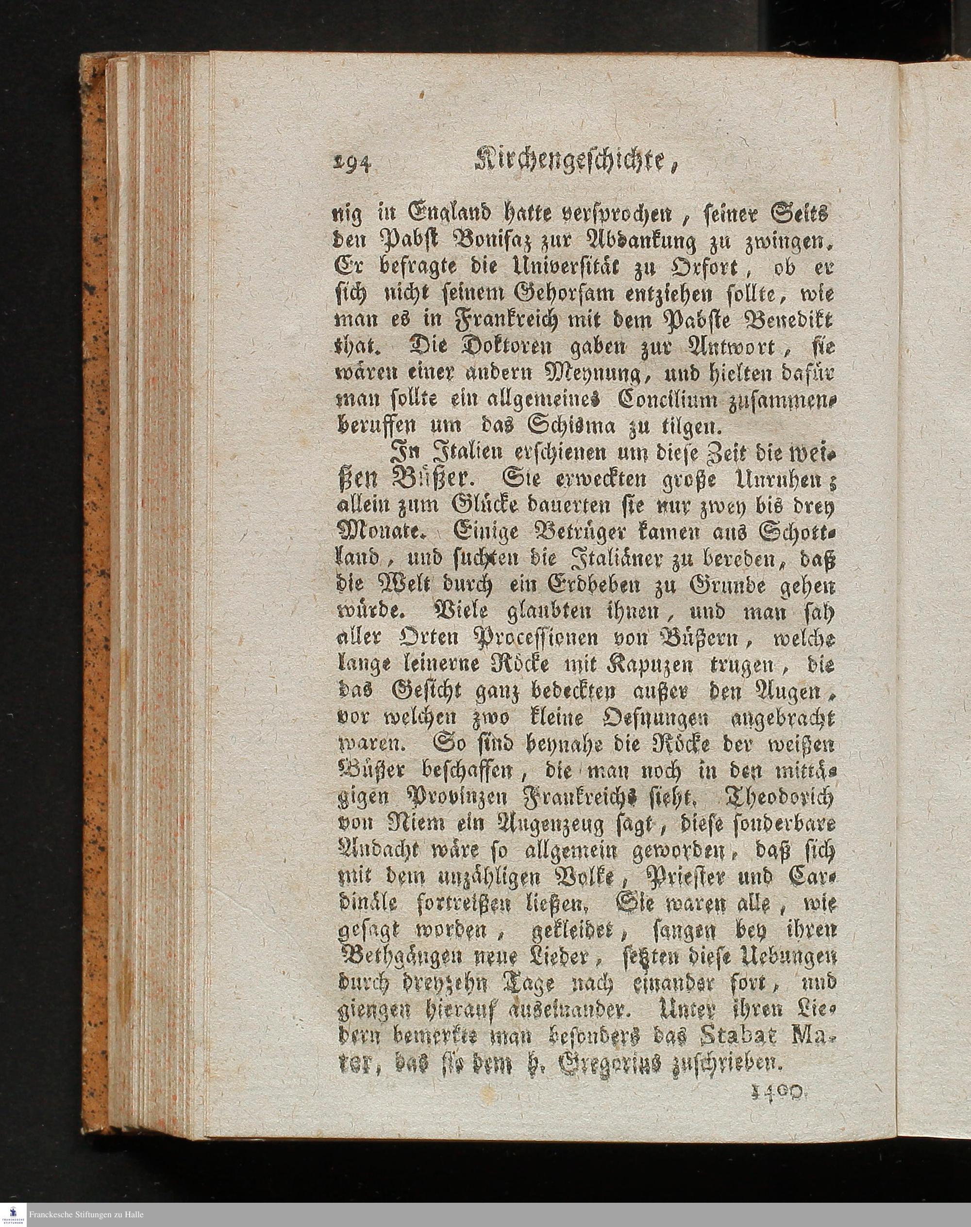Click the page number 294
coord(350,164)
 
